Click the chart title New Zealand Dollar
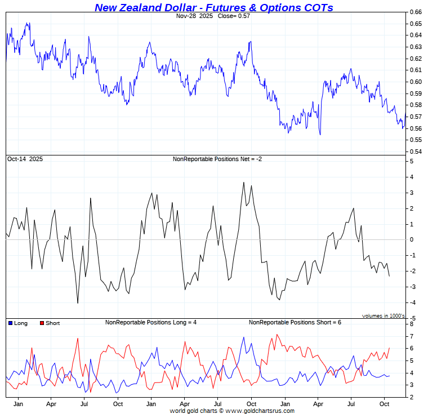tap(213, 7)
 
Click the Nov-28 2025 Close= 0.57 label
tap(213, 16)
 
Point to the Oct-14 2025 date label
tap(25, 159)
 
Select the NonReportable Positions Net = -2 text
tap(217, 159)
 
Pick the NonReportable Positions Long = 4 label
tap(154, 323)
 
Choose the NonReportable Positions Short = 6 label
tap(295, 323)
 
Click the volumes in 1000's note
tap(383, 316)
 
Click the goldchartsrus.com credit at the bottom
tap(232, 411)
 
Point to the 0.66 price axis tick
tap(415, 12)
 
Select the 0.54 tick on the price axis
tap(415, 152)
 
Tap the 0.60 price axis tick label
tap(415, 82)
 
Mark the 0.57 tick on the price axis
tap(415, 117)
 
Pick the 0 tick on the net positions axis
tap(412, 240)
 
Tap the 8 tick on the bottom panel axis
tap(412, 324)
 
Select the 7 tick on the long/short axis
tap(412, 336)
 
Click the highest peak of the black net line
tap(244, 182)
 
